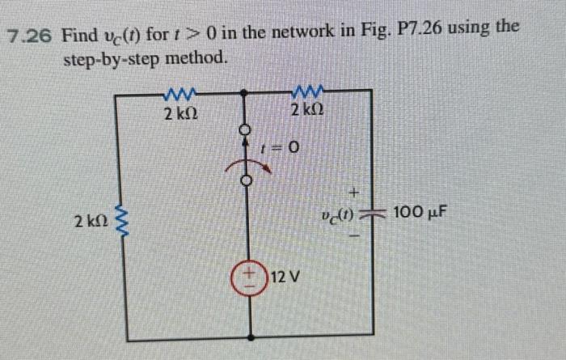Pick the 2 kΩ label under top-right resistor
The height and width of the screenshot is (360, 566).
point(307,109)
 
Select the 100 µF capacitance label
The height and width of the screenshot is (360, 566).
point(420,214)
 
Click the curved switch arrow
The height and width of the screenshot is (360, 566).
point(243,167)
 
